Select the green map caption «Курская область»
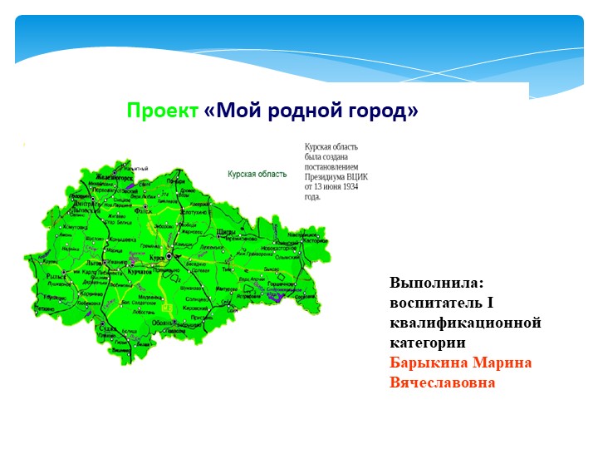257,175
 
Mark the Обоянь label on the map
164,323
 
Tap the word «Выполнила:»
430,283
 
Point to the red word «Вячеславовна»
443,382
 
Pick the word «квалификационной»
465,323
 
